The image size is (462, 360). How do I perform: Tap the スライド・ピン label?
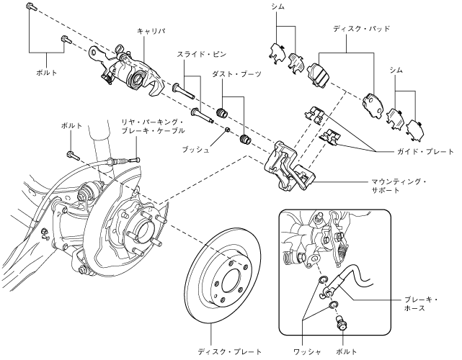pyautogui.click(x=194, y=54)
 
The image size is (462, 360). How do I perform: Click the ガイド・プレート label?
pyautogui.click(x=425, y=153)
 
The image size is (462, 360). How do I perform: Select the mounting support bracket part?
pyautogui.click(x=288, y=166)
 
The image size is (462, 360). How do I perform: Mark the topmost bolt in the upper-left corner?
pyautogui.click(x=30, y=6)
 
